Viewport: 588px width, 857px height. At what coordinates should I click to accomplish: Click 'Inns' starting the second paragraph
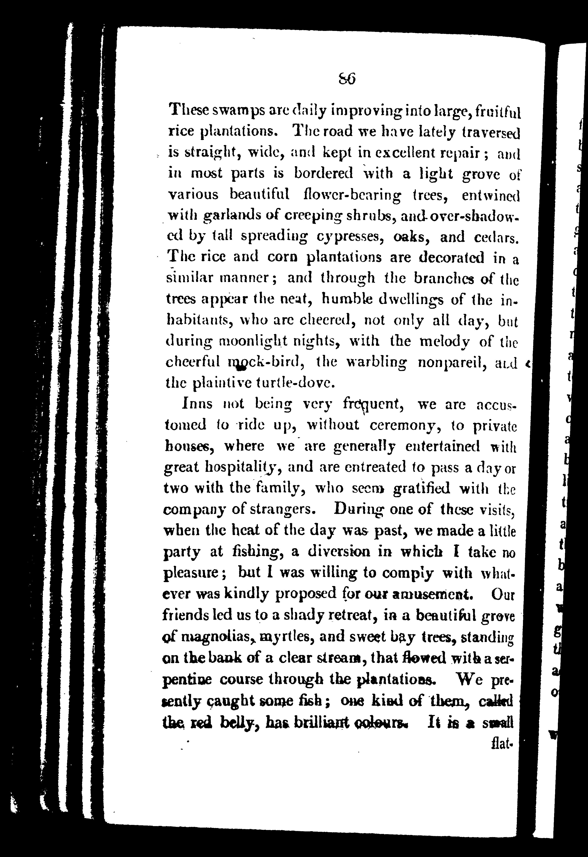(x=197, y=404)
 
